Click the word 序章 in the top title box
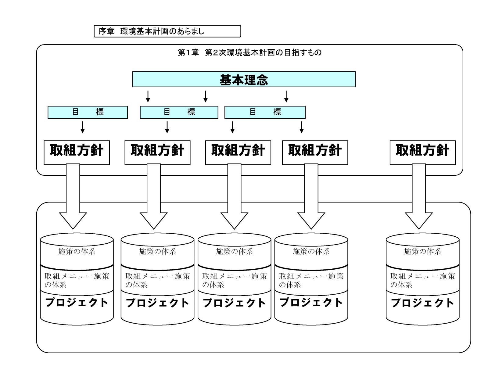click(106, 31)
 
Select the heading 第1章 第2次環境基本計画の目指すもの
click(249, 53)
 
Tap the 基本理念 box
click(244, 80)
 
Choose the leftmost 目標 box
click(88, 112)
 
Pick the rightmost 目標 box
click(265, 112)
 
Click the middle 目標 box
click(179, 112)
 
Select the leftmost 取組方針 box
click(77, 152)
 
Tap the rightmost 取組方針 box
click(422, 152)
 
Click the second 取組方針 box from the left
click(157, 152)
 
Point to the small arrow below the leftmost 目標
click(82, 127)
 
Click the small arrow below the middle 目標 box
click(167, 127)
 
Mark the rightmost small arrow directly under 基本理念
click(286, 96)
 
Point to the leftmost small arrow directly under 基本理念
click(148, 96)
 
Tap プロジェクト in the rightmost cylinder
click(422, 303)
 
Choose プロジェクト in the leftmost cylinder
click(77, 303)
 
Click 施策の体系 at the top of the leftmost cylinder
click(77, 251)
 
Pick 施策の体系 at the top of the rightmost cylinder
click(422, 251)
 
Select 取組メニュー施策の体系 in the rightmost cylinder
click(422, 280)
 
